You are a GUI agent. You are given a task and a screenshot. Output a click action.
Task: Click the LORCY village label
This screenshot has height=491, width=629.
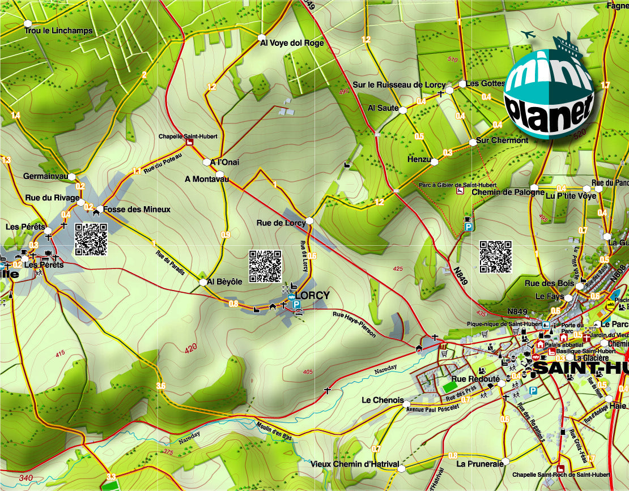pos(312,295)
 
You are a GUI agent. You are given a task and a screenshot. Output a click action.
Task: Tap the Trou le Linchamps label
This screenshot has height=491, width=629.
pos(58,31)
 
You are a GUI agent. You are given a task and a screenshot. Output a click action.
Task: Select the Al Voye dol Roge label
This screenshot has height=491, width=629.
pos(292,42)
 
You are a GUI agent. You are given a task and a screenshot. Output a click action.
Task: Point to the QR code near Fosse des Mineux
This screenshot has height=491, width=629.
pos(91,240)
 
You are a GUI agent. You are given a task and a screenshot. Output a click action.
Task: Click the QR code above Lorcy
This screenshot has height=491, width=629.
pos(265,266)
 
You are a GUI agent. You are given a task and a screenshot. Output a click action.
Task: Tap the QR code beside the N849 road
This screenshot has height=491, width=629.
pos(496,257)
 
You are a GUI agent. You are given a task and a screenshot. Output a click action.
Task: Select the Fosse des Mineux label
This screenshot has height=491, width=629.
pos(137,210)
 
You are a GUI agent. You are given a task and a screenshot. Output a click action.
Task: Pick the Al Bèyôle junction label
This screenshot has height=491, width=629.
pos(224,281)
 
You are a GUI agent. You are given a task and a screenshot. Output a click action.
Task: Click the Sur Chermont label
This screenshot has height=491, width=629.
pos(502,140)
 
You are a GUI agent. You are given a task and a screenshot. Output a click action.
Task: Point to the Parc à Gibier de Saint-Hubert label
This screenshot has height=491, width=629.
pos(458,185)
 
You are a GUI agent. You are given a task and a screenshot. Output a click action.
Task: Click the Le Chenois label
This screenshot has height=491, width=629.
pos(382,400)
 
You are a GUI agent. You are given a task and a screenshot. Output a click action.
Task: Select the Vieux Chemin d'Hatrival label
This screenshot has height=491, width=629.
pos(355,464)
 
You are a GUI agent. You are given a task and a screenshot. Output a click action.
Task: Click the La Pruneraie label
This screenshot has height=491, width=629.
pos(480,464)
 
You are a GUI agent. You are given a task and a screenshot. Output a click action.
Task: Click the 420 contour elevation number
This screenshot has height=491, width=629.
pos(190,347)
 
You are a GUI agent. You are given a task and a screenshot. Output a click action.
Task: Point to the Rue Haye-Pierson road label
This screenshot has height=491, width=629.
pos(354,325)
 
